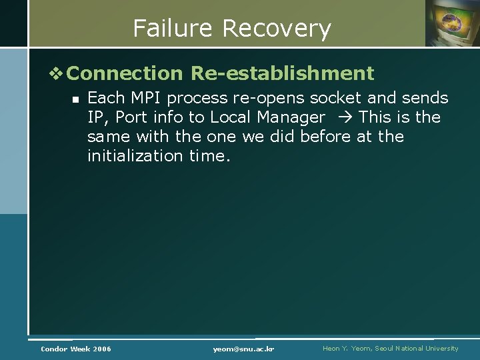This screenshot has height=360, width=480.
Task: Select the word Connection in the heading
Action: [x=125, y=73]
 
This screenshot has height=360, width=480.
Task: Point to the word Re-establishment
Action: [x=282, y=73]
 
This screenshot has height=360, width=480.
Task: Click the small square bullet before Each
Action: [x=75, y=99]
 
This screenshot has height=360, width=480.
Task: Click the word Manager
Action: [x=290, y=117]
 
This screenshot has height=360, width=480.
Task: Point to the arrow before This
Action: [x=345, y=117]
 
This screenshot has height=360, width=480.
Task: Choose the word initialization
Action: [x=135, y=156]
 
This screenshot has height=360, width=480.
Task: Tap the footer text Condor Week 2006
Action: [x=76, y=349]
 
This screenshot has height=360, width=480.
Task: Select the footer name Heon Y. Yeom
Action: [x=348, y=348]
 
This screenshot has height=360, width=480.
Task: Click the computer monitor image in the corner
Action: [x=452, y=23]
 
